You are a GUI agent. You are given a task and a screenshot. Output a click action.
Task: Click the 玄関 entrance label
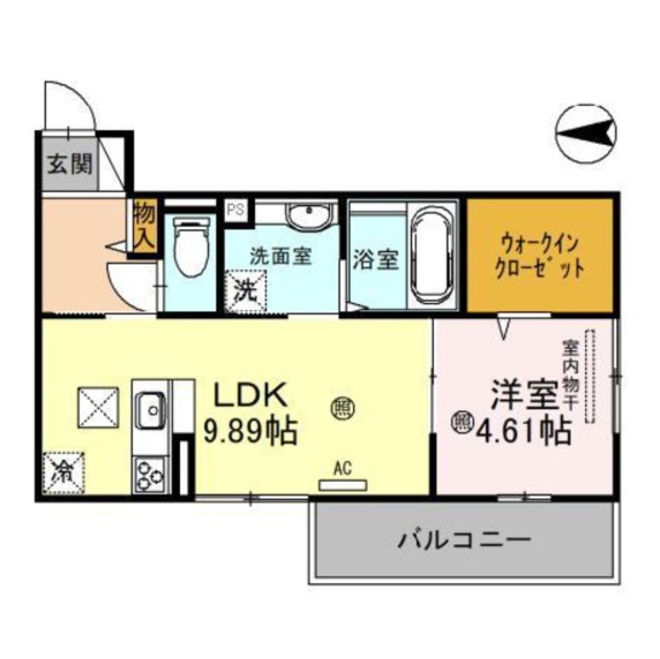tap(69, 164)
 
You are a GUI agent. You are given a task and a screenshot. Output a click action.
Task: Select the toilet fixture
tap(191, 246)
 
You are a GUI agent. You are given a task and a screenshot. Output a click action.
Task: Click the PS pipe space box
tap(236, 210)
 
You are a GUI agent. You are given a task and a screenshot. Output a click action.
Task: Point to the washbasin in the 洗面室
tap(310, 215)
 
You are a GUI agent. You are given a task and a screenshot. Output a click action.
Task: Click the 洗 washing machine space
tap(246, 291)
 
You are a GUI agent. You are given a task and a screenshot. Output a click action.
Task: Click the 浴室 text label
tap(376, 260)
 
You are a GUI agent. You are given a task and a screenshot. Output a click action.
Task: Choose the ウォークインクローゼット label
tap(539, 257)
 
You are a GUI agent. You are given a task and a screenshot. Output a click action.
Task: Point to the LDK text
tap(251, 394)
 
